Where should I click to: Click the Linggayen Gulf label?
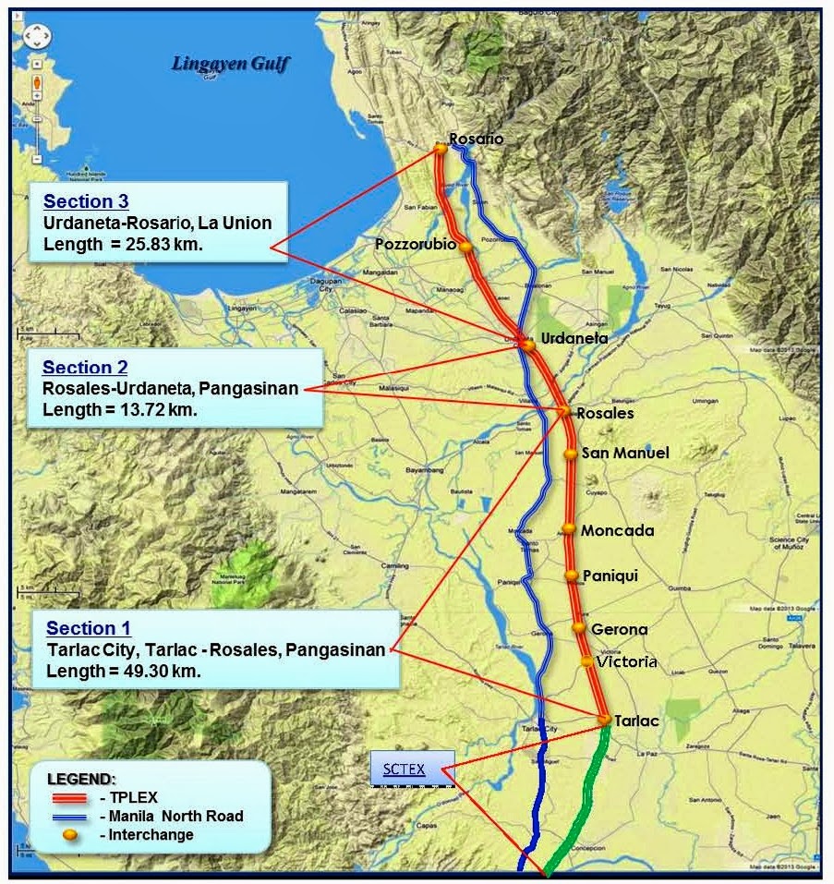coord(231,64)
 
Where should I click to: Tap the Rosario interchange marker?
coord(441,147)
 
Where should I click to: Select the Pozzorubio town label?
coord(416,244)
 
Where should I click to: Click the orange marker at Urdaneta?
coord(527,345)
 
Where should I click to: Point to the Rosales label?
coord(605,413)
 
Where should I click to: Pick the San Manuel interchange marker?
coord(572,454)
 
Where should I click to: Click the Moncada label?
coord(617,530)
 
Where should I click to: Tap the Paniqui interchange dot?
coord(572,575)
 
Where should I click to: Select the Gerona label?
coord(619,629)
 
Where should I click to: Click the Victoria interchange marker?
coord(586,660)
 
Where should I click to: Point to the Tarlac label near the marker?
coord(636,721)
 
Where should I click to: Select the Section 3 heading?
coord(86,201)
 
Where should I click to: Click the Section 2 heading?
coord(85,368)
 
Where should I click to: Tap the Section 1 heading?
coord(89,629)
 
